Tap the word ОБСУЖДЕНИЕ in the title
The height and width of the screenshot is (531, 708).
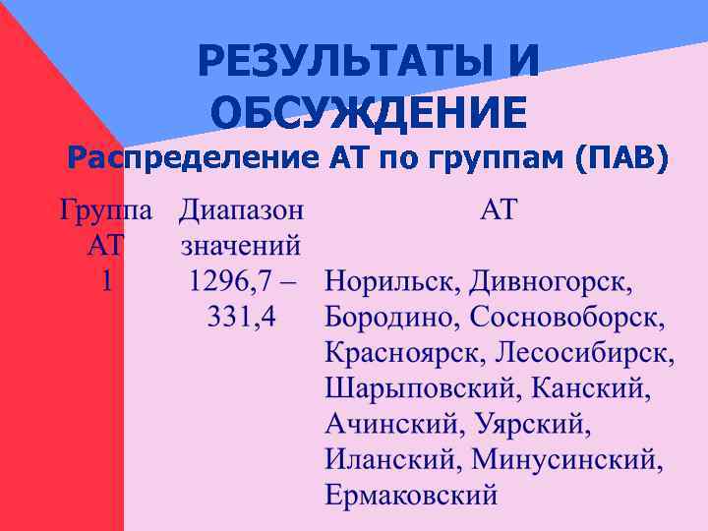click(369, 113)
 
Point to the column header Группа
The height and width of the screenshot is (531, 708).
click(106, 209)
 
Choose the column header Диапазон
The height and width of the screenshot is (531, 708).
click(241, 209)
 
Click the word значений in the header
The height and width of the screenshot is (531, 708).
click(241, 244)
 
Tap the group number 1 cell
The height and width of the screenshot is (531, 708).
click(106, 281)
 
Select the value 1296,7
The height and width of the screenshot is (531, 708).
click(229, 281)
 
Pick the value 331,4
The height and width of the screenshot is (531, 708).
click(241, 317)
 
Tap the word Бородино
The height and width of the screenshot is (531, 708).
click(392, 317)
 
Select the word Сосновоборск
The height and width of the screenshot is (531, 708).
click(566, 317)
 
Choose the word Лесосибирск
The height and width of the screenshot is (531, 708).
click(586, 352)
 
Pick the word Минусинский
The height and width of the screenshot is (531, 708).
click(567, 459)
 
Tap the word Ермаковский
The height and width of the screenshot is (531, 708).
click(411, 495)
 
